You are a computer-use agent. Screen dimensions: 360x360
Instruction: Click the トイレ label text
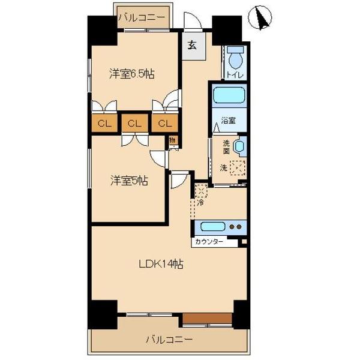tap(235, 75)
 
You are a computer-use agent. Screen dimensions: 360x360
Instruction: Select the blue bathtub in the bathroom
tap(227, 95)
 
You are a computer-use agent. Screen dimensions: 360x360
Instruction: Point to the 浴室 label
tap(227, 120)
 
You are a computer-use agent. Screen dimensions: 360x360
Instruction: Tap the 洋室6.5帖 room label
tap(132, 74)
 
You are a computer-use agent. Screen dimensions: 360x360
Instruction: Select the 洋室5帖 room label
tap(129, 180)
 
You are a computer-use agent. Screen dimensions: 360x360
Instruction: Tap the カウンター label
tap(209, 242)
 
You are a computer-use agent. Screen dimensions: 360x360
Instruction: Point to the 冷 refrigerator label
tap(200, 203)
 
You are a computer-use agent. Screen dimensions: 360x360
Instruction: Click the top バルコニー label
tap(142, 17)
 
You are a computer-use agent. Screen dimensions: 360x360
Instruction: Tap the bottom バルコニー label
tap(169, 340)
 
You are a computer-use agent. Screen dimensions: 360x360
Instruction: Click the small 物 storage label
tap(172, 141)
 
